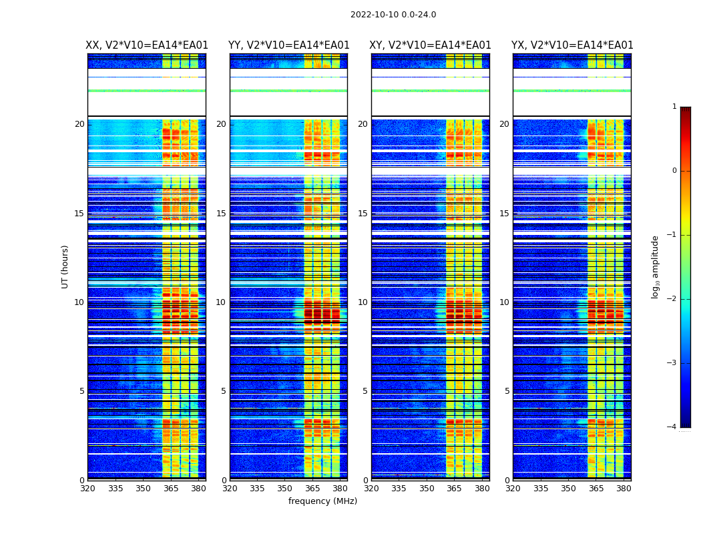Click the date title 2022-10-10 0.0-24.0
tap(393, 15)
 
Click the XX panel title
tap(147, 45)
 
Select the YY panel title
tap(288, 45)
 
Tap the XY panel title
tap(431, 45)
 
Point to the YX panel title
tap(572, 45)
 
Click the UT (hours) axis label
tap(65, 266)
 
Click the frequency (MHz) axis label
tap(322, 501)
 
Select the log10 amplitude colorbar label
tap(656, 266)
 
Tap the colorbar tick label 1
tap(674, 107)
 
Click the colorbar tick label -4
tap(672, 427)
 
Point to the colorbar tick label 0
tap(674, 171)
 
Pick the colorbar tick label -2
tap(672, 299)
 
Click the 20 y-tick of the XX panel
tap(79, 124)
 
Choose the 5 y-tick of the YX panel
tap(507, 391)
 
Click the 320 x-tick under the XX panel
tap(87, 489)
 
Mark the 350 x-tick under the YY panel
tap(285, 489)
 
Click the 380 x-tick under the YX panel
tap(624, 489)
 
